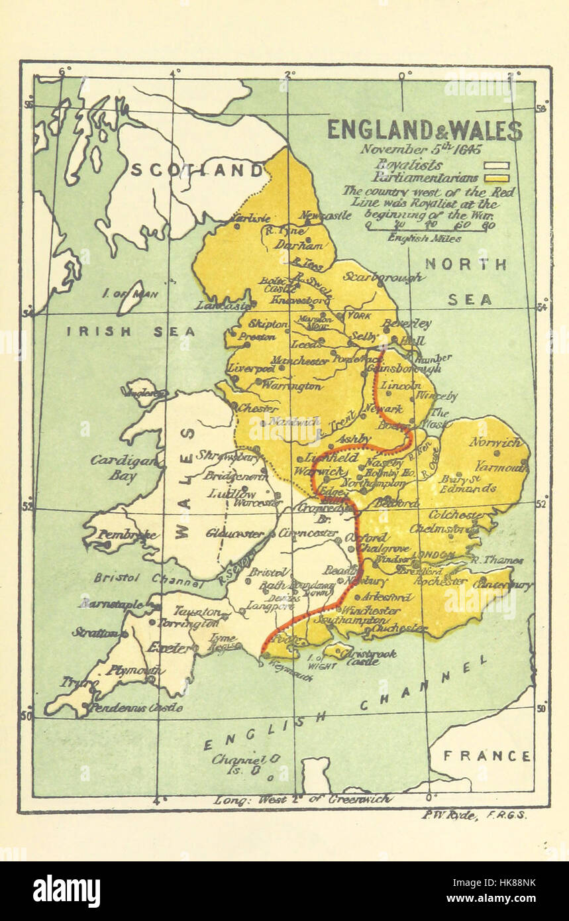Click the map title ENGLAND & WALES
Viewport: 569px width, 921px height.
coord(425,130)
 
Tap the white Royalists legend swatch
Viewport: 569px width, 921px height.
coord(496,166)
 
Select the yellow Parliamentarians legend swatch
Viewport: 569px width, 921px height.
coord(496,178)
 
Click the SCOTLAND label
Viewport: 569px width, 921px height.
coord(197,171)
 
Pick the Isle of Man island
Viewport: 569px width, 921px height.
coord(130,297)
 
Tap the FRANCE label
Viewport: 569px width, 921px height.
coord(486,755)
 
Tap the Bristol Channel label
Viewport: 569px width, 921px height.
coord(147,580)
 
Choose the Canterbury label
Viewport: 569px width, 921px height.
coord(503,585)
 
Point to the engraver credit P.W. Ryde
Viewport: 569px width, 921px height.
coord(474,815)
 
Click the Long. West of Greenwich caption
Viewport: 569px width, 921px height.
coord(302,799)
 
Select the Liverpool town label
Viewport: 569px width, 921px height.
coord(251,368)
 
